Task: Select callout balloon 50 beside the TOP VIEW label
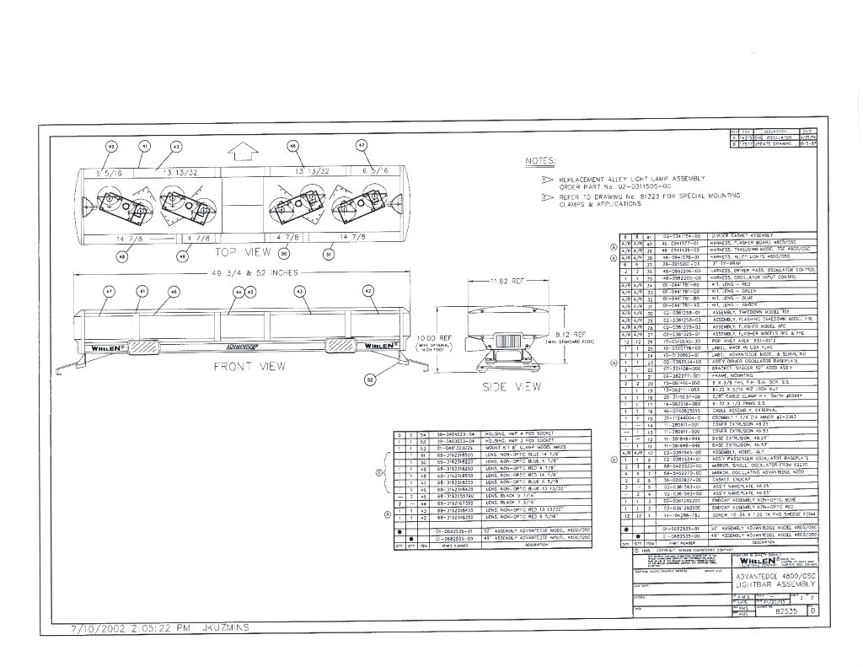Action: [x=284, y=253]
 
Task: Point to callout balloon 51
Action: [x=330, y=253]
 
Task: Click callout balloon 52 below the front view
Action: [x=369, y=380]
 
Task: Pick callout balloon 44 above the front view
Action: [x=239, y=291]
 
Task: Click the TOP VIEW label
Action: [x=243, y=252]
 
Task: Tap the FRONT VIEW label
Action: [x=249, y=366]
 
